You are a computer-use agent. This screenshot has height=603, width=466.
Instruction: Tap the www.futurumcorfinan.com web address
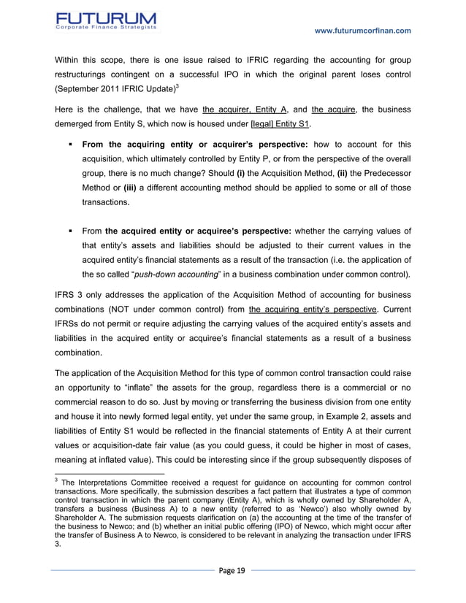tap(362, 30)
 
